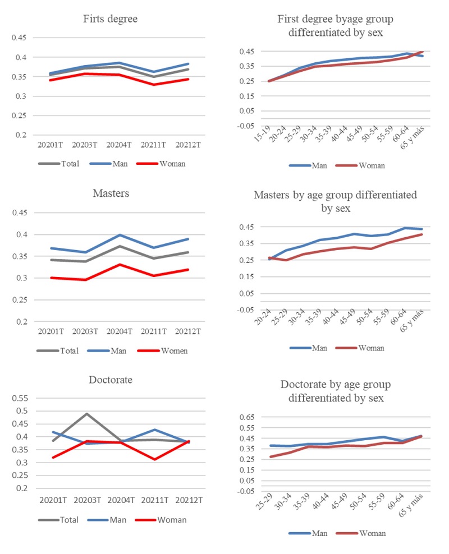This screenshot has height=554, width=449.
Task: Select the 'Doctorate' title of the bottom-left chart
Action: point(111,380)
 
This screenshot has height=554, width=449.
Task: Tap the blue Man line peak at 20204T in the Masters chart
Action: point(116,235)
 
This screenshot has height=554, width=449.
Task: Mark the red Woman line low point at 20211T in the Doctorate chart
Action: point(152,459)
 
